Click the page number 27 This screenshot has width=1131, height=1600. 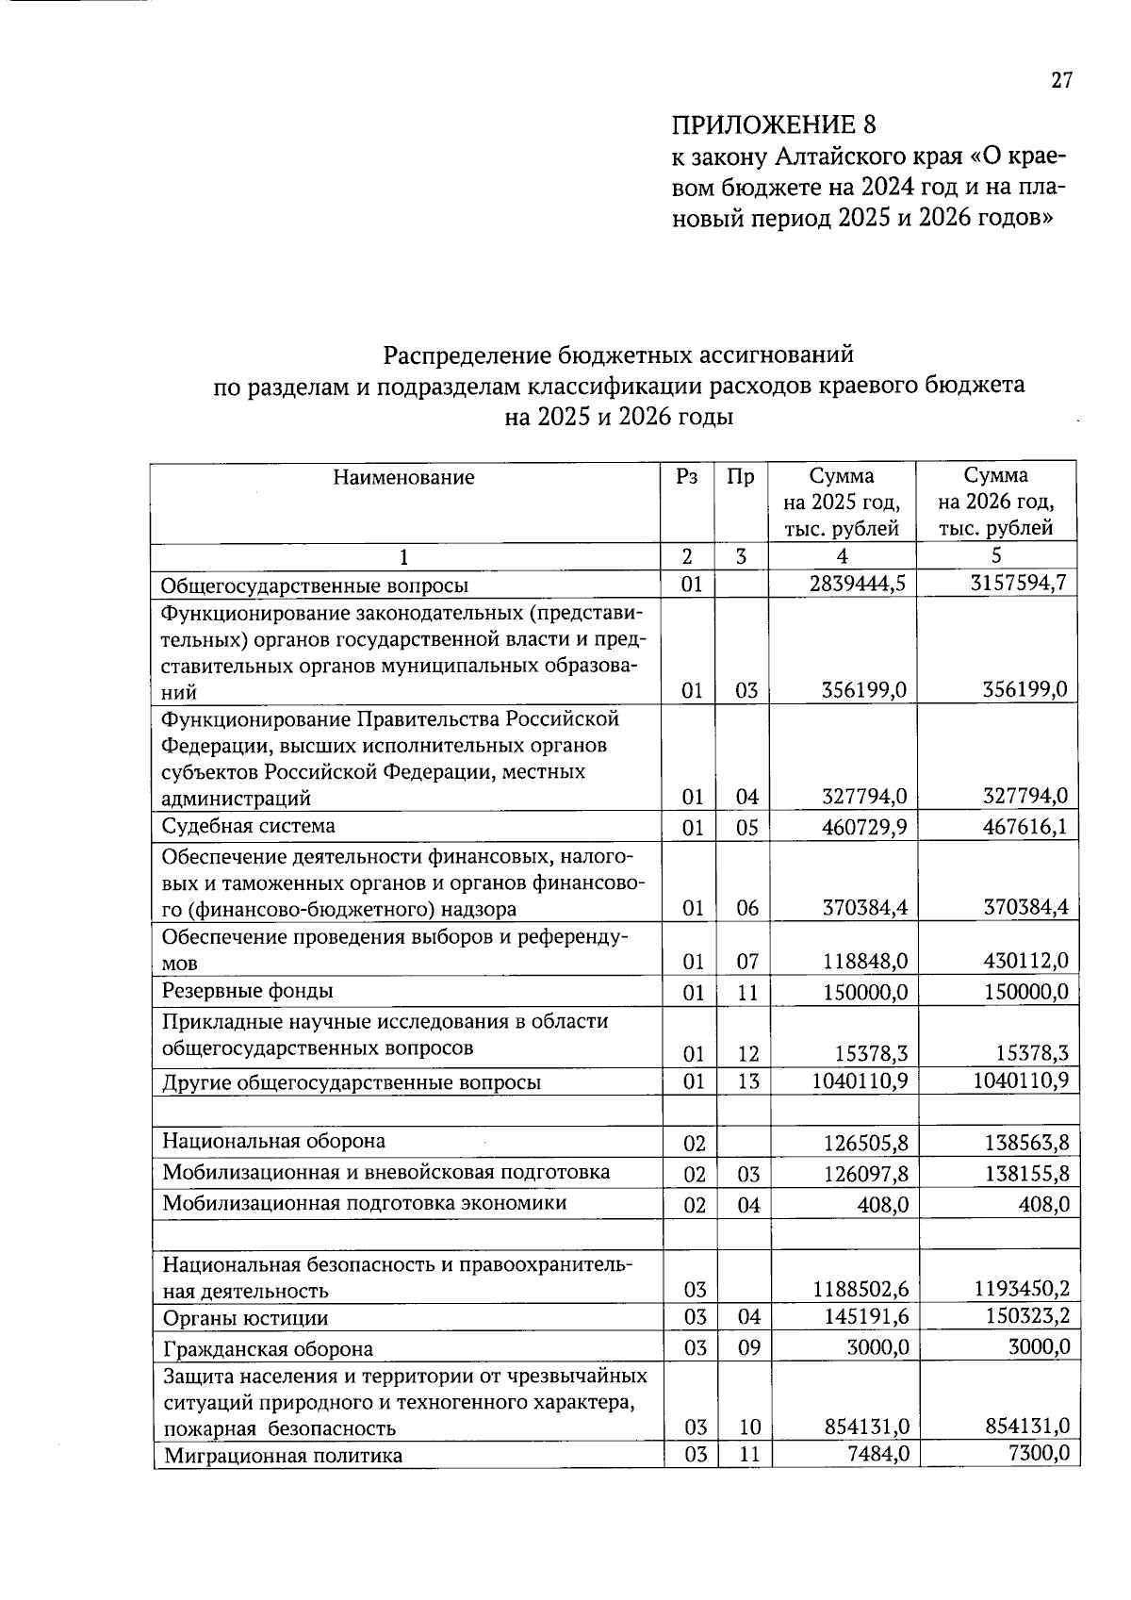pyautogui.click(x=1061, y=81)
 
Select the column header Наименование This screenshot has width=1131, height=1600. pyautogui.click(x=403, y=478)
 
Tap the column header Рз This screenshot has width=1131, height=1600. pyautogui.click(x=687, y=477)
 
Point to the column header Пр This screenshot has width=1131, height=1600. pyautogui.click(x=741, y=477)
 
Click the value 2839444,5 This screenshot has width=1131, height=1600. pyautogui.click(x=857, y=584)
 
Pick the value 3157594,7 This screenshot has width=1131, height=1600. pyautogui.click(x=1018, y=583)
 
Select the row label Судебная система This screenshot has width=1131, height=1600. pyautogui.click(x=248, y=827)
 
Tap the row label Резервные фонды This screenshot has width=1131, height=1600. pyautogui.click(x=248, y=991)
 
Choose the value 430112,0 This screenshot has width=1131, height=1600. pyautogui.click(x=1025, y=961)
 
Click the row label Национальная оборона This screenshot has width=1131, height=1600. pyautogui.click(x=273, y=1141)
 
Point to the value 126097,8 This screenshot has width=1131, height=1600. pyautogui.click(x=864, y=1174)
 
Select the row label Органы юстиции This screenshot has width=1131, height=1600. pyautogui.click(x=245, y=1318)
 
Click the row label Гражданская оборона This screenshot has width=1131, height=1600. pyautogui.click(x=268, y=1349)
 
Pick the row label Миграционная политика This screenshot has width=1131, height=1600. pyautogui.click(x=283, y=1456)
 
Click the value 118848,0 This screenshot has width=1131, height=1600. pyautogui.click(x=864, y=962)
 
